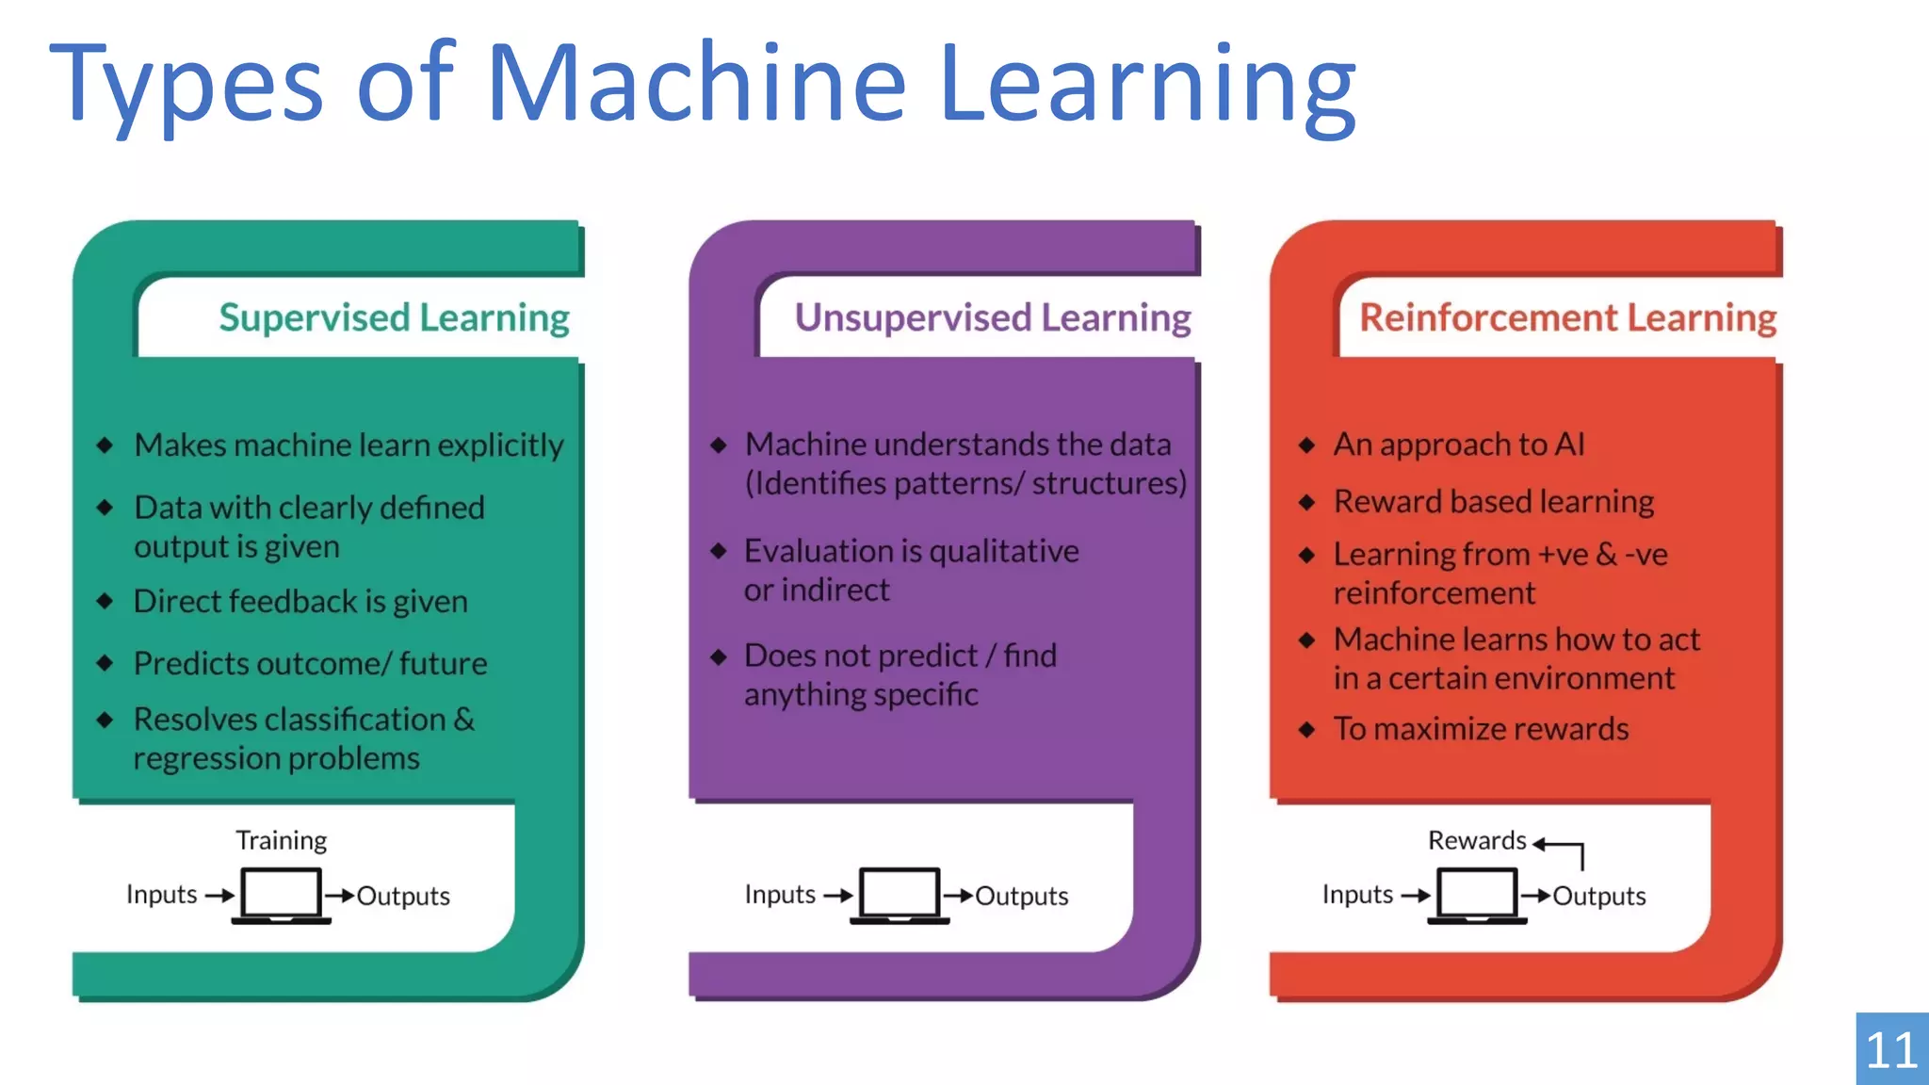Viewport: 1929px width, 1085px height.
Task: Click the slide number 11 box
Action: click(1891, 1049)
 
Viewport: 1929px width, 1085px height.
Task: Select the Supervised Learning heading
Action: click(394, 318)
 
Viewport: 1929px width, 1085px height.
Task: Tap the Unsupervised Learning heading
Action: click(993, 318)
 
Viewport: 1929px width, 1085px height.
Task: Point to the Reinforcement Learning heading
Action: click(1567, 318)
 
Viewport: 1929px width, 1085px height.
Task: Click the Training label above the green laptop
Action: click(281, 840)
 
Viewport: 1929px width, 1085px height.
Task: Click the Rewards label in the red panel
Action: click(1476, 840)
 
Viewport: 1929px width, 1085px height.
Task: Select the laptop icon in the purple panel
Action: click(900, 895)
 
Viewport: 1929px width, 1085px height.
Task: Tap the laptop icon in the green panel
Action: click(281, 895)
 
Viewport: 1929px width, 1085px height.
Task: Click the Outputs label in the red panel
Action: click(1598, 896)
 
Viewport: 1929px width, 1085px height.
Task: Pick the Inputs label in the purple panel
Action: click(779, 894)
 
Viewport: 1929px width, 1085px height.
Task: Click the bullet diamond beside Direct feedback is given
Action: click(105, 601)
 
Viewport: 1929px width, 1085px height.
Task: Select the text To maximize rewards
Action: click(1481, 729)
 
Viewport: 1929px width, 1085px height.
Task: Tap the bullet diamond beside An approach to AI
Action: click(1306, 445)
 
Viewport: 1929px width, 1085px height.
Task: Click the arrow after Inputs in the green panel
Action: click(219, 895)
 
